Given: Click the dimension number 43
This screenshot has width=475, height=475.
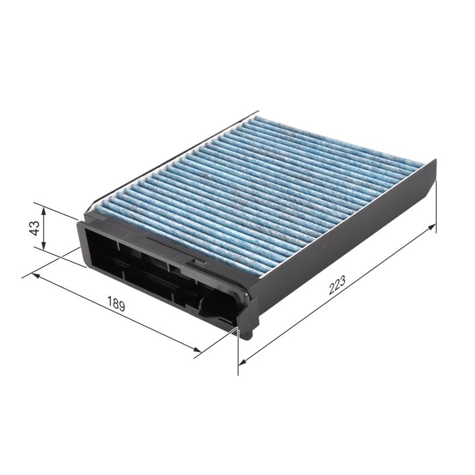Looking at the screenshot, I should (x=34, y=227).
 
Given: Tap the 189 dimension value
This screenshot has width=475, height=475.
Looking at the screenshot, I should (x=116, y=305).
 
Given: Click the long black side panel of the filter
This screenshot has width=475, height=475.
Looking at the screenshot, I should (x=344, y=232).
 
